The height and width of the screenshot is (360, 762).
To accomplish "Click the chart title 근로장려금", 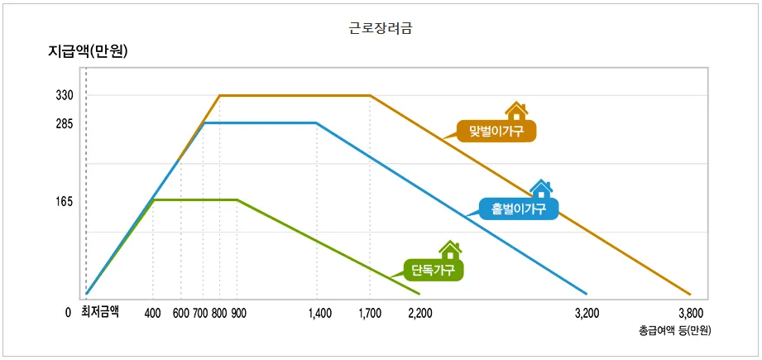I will (x=381, y=27).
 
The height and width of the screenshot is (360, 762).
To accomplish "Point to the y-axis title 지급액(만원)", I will (x=91, y=52).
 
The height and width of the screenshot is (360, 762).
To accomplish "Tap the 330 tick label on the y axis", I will (x=65, y=96).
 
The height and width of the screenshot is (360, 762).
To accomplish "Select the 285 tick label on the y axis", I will (x=65, y=124).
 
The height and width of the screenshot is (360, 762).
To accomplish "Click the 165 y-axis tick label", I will (x=65, y=202).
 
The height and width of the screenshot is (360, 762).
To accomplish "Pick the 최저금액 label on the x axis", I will (x=100, y=313).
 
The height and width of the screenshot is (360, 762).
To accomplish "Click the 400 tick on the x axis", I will (x=152, y=314).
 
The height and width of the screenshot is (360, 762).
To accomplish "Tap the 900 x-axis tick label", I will (x=238, y=314).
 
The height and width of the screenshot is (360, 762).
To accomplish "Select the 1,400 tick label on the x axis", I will (x=319, y=314).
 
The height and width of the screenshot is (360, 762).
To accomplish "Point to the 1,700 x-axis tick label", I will (x=371, y=314).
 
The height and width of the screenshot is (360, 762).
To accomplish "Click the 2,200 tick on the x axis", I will (x=420, y=314).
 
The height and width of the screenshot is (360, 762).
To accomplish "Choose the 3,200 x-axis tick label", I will (x=587, y=314).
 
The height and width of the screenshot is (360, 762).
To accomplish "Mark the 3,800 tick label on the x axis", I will (x=690, y=314).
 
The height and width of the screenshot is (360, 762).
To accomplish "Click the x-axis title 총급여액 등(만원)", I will (x=674, y=330).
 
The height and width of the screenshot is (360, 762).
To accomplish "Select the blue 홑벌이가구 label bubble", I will (x=519, y=209).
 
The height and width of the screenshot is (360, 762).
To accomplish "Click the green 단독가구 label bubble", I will (x=433, y=269).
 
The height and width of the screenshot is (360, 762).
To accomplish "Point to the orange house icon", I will (x=517, y=111).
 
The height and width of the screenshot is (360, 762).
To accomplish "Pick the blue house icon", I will (x=541, y=189).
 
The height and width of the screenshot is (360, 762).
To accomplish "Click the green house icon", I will (x=450, y=249).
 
